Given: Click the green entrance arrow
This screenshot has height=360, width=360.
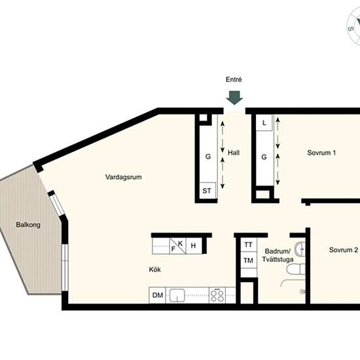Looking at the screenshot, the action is (x=234, y=98).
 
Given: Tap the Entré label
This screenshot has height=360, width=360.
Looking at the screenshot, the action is (x=234, y=79).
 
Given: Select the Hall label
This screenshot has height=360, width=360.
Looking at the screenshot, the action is (x=234, y=153).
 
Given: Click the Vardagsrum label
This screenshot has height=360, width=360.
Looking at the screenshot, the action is (x=123, y=177).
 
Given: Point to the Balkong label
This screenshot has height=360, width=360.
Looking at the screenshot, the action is (x=28, y=225).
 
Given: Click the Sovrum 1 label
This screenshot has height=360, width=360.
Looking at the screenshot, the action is (x=321, y=153).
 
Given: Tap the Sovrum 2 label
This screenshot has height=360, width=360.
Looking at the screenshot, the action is (x=344, y=250).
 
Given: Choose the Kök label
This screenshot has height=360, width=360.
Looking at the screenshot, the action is (x=154, y=269).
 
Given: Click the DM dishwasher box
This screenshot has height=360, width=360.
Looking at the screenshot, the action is (x=157, y=295).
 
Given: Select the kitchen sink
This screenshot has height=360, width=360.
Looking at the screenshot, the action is (x=177, y=295).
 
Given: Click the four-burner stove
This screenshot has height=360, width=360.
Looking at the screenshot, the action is (x=217, y=295).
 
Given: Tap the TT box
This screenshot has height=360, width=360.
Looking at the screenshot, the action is (x=249, y=245).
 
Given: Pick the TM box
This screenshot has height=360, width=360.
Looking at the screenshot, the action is (x=249, y=261).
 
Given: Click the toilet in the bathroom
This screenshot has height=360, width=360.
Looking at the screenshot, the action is (x=296, y=269).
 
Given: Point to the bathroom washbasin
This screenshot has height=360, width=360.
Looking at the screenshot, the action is (x=300, y=249).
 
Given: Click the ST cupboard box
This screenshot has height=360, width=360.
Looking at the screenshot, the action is (x=207, y=190).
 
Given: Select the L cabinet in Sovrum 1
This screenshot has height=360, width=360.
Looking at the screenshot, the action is (x=264, y=123).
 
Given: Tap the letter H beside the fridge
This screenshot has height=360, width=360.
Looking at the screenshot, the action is (x=193, y=246).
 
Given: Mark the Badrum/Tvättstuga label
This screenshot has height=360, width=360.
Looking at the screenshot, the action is (x=278, y=255).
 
